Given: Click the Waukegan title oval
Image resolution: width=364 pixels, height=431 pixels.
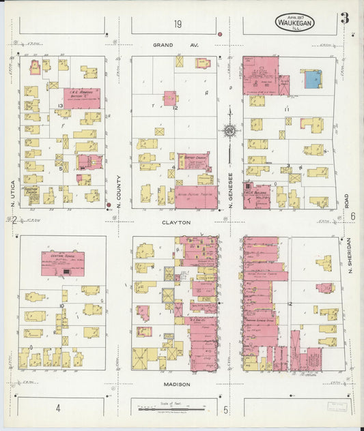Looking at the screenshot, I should click(x=295, y=22).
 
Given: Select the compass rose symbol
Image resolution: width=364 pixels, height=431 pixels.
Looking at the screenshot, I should click(x=231, y=130).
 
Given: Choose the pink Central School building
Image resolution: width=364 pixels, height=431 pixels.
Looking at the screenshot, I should click(x=63, y=263).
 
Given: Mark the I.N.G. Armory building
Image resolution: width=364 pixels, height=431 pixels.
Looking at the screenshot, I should click(x=82, y=98).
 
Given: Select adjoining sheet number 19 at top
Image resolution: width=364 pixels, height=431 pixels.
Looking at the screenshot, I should click(x=178, y=25).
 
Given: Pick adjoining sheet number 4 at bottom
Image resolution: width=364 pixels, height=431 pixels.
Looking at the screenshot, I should click(x=59, y=408).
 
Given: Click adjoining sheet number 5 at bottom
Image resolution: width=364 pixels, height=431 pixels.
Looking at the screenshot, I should click(x=226, y=409).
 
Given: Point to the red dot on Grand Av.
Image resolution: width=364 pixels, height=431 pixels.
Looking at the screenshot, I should click(x=220, y=33).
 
